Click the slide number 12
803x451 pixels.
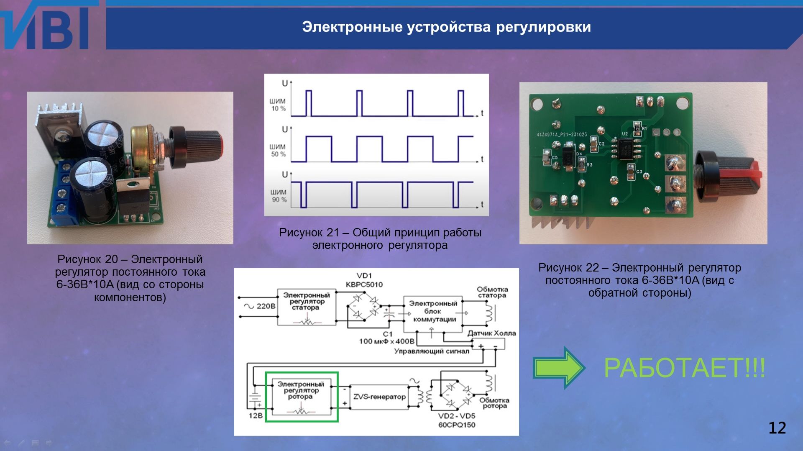(x=777, y=428)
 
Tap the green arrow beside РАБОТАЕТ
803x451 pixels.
(x=558, y=367)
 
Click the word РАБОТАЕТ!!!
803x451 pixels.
(x=684, y=368)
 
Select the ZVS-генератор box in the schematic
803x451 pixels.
(x=379, y=397)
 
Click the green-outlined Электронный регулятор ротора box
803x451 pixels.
(x=302, y=397)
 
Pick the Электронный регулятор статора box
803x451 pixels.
(x=307, y=307)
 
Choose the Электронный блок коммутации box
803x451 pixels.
(x=432, y=312)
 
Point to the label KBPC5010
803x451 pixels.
(x=364, y=284)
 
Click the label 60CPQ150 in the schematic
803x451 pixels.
(x=457, y=425)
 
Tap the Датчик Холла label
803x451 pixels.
(x=491, y=333)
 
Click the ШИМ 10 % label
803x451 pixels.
(x=278, y=105)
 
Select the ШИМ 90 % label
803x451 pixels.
(x=278, y=196)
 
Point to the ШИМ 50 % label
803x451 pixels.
(x=278, y=151)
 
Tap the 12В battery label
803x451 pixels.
(x=256, y=416)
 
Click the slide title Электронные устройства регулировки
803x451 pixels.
(x=446, y=27)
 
